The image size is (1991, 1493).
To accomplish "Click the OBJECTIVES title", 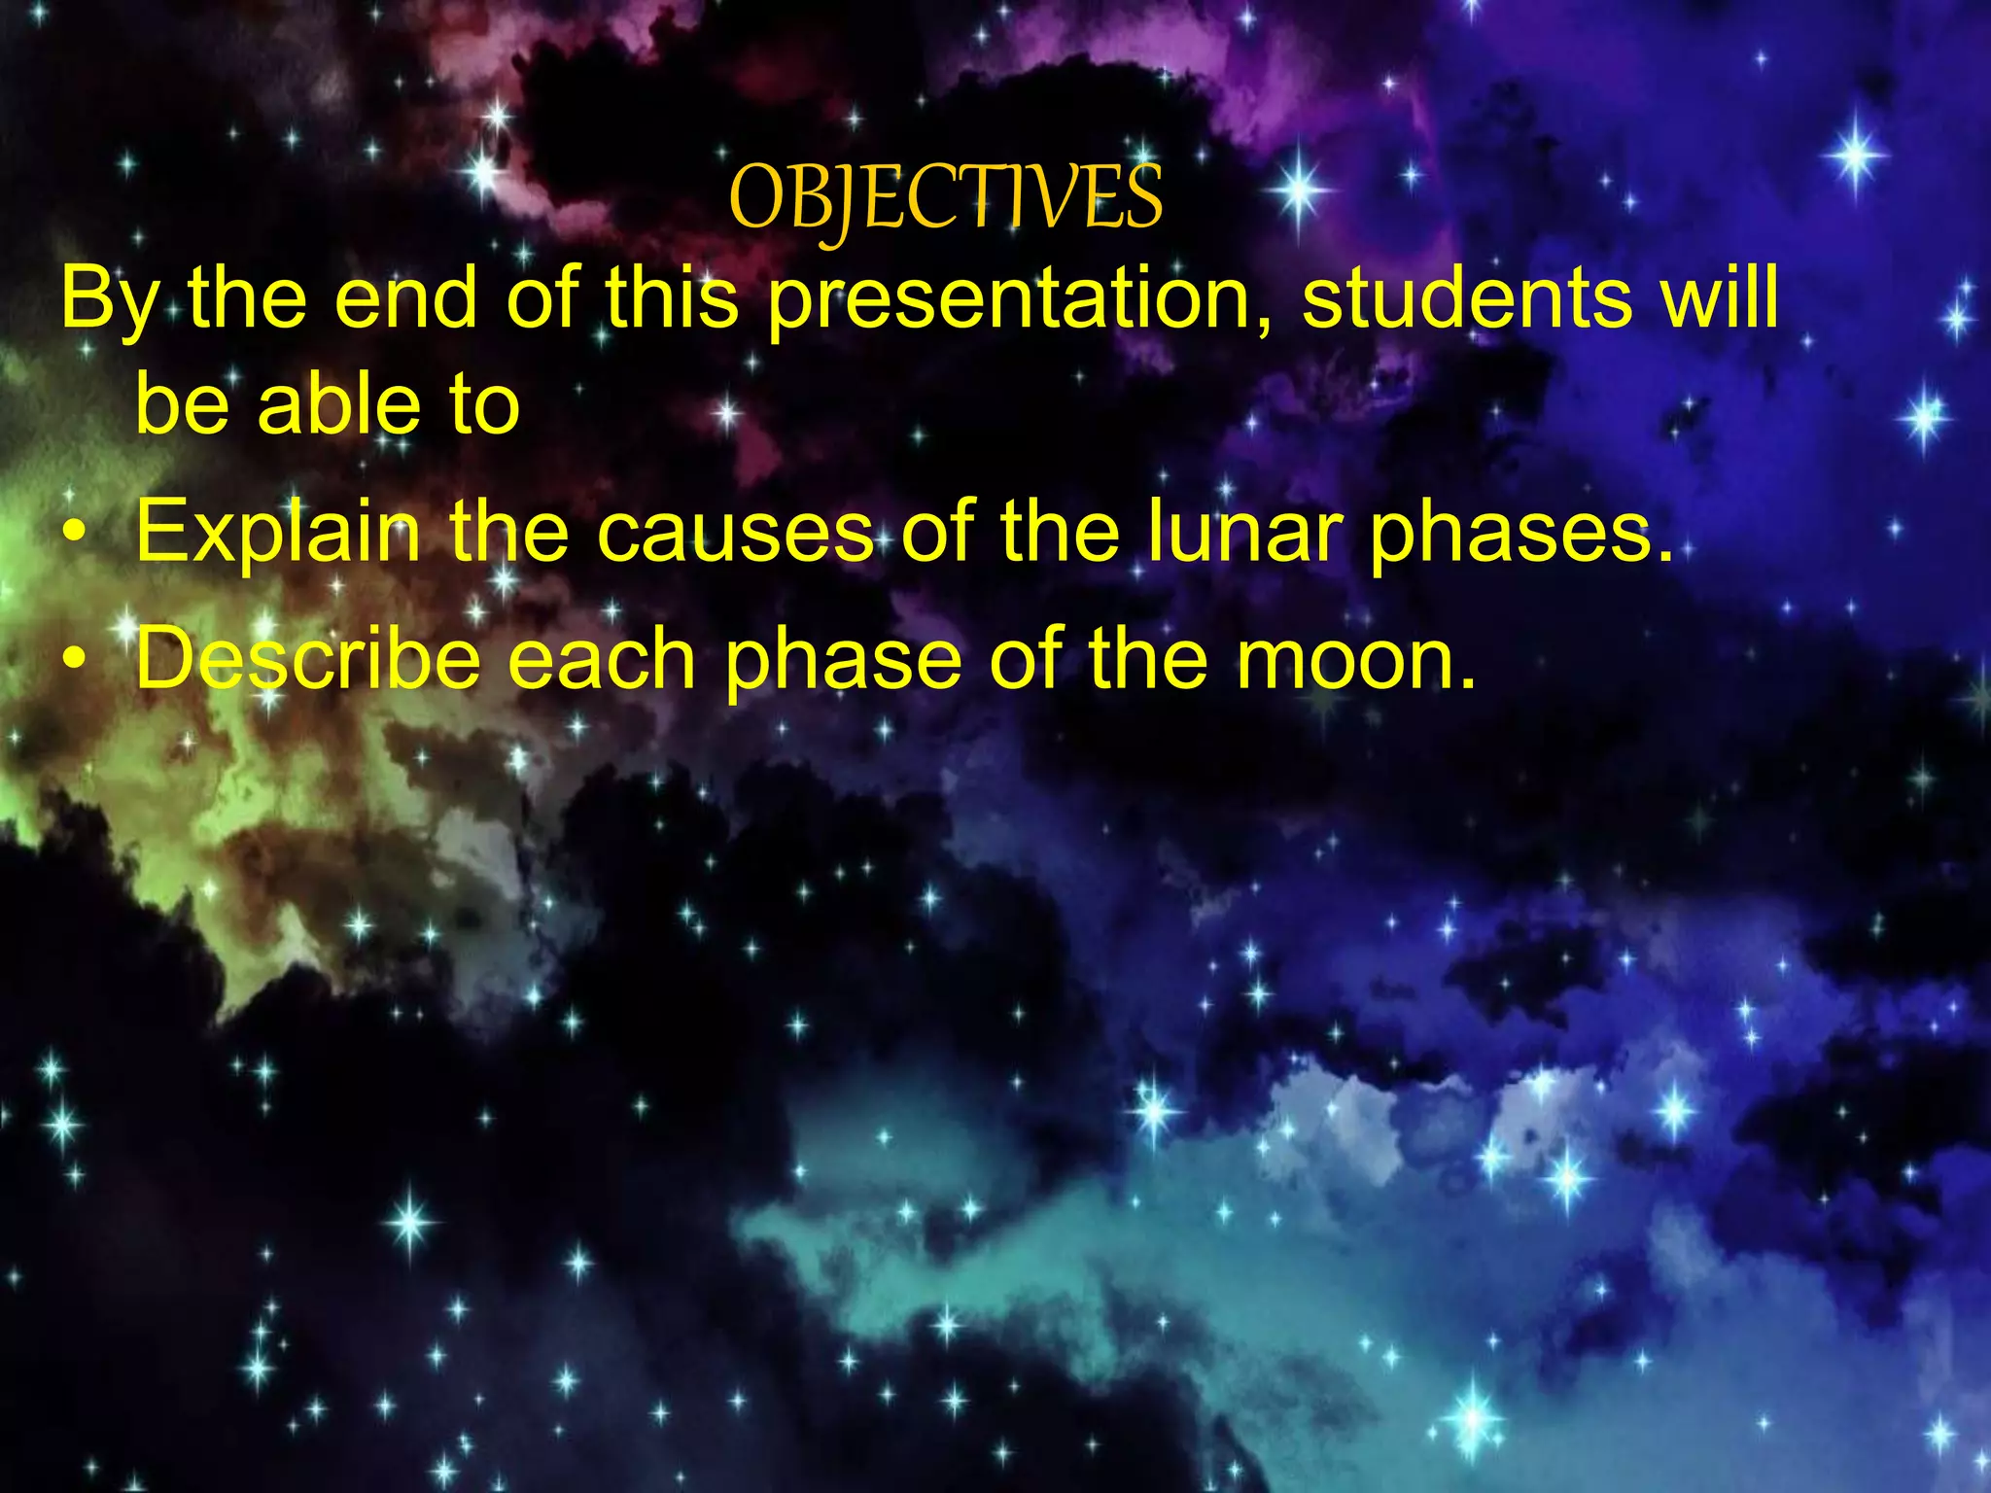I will [x=945, y=198].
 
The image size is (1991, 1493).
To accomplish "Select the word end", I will [x=405, y=299].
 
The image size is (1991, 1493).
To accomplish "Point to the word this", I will [x=673, y=299].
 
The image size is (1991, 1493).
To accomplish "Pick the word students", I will [x=1468, y=299].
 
